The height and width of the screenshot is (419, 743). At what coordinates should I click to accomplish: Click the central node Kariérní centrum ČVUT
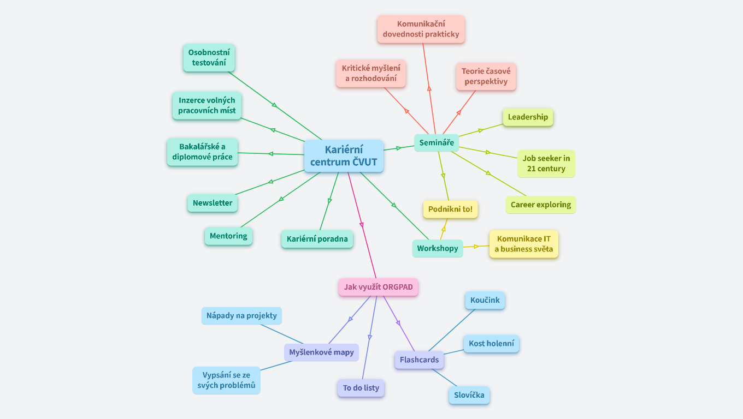pos(344,156)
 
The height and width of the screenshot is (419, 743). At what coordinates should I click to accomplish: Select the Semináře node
pos(437,143)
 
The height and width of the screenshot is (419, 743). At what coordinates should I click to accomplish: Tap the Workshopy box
pos(438,248)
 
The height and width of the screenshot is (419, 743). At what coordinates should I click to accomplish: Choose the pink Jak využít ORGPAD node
pos(378,287)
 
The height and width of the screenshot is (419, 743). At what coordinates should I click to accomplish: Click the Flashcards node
pos(419,360)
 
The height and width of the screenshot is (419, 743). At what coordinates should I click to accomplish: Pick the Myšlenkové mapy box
pos(321,352)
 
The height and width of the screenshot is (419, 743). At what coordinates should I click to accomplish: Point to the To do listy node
pos(361,388)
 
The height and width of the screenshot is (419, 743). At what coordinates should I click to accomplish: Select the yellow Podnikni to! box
pos(450,209)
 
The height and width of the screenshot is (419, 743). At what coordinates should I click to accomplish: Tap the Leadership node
pos(528,117)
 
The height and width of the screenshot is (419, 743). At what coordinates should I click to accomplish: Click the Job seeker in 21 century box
pos(546,164)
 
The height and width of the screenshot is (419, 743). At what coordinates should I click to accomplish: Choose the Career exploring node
pos(540,205)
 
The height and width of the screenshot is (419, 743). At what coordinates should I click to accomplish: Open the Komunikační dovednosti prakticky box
pos(421,29)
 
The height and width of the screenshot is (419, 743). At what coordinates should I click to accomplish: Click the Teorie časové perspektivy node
pos(486,76)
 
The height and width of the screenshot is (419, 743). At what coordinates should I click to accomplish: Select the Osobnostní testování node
pos(209,58)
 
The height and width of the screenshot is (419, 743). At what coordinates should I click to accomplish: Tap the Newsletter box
pos(213,203)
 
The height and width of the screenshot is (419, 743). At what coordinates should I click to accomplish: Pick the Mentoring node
pos(228,236)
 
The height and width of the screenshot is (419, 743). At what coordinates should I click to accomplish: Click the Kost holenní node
pos(491,344)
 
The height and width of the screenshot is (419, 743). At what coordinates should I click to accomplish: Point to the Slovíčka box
pos(469,396)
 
